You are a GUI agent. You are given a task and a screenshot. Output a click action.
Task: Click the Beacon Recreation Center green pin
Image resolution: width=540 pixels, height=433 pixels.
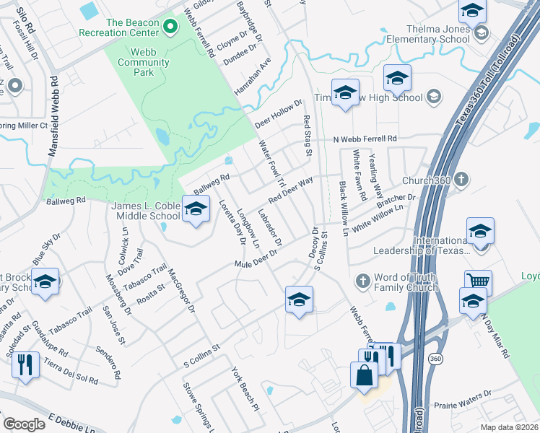[x=170, y=28]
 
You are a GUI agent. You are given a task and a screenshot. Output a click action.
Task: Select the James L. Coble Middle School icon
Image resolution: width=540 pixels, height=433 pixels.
[x=195, y=209]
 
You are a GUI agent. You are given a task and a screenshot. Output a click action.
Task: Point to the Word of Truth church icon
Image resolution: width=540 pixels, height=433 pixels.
[x=363, y=279]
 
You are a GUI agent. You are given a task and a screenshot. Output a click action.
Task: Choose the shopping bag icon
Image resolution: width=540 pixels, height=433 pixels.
[x=363, y=375]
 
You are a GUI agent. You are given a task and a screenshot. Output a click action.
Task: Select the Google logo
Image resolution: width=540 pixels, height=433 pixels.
[x=24, y=424]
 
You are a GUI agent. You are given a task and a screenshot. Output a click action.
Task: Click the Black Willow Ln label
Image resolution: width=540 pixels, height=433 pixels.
[x=344, y=209]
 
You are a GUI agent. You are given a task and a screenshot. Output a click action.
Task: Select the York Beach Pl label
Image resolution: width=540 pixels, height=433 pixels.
[x=245, y=388]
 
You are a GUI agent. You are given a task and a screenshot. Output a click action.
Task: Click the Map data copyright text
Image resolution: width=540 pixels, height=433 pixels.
[x=510, y=427]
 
